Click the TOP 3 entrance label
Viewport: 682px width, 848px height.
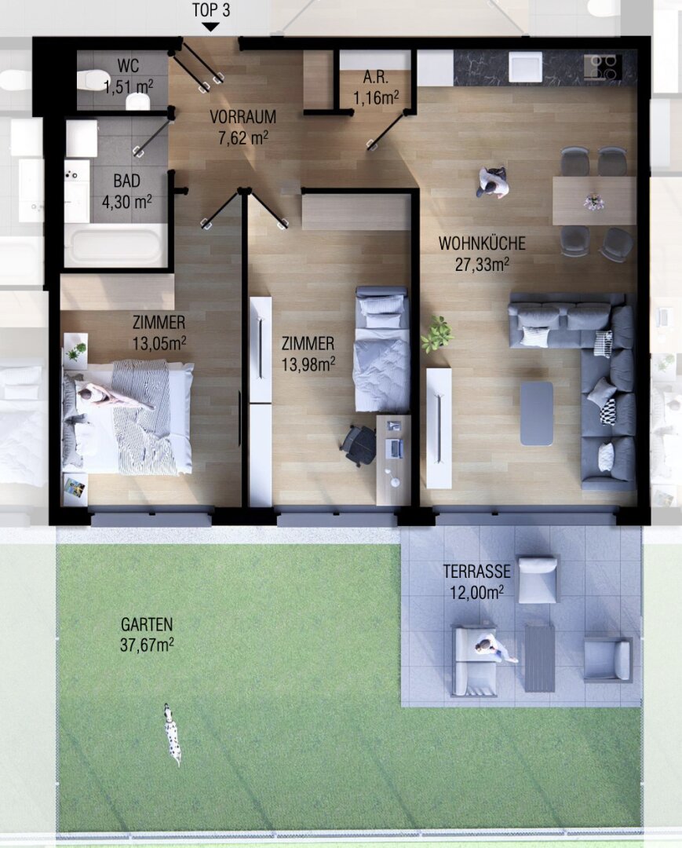click(x=211, y=10)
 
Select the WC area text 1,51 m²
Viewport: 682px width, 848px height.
click(x=128, y=86)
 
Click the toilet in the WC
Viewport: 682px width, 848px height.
click(x=89, y=81)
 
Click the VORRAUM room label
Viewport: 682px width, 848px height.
click(x=243, y=117)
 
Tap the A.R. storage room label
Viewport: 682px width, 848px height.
click(x=376, y=77)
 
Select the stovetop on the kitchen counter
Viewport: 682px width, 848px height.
click(x=602, y=67)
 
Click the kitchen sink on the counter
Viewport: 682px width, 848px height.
click(x=525, y=67)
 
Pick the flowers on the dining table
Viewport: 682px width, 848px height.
click(x=593, y=202)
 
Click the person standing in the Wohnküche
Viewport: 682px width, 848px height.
click(x=492, y=182)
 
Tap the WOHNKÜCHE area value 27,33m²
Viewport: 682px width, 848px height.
click(x=483, y=265)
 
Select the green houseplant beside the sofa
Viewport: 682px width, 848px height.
click(x=437, y=334)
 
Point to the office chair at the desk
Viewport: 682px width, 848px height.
click(x=359, y=445)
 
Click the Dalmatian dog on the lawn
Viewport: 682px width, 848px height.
click(x=173, y=734)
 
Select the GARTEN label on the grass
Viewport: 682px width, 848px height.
click(x=147, y=625)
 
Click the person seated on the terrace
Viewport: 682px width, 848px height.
click(x=494, y=649)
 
